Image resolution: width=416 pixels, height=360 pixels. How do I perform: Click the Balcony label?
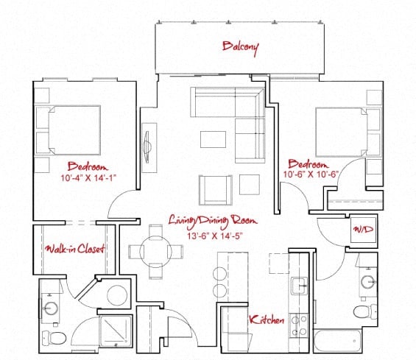(x=240, y=48)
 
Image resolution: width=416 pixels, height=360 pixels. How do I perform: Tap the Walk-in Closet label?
(x=75, y=249)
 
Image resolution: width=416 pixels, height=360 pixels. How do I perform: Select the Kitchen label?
(x=267, y=320)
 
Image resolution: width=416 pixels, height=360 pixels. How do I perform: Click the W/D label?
(x=364, y=229)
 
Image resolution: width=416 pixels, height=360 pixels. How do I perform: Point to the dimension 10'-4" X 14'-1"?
(x=88, y=177)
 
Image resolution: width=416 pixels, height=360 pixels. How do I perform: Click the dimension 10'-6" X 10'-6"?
(x=311, y=174)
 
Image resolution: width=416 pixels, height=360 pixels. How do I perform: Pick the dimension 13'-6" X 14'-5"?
(x=215, y=236)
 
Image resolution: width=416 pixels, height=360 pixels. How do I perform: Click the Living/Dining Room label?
(x=213, y=221)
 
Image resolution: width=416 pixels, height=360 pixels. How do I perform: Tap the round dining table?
(x=156, y=252)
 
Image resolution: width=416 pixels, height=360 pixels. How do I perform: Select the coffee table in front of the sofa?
(x=213, y=139)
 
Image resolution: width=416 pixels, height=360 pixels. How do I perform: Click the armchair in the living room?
(x=216, y=190)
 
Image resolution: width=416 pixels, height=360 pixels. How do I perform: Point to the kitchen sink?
(x=299, y=286)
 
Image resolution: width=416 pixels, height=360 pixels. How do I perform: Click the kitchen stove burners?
(x=299, y=325)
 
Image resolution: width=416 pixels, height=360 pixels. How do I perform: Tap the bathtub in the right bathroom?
(x=337, y=341)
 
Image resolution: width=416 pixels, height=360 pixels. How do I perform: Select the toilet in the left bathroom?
(x=54, y=338)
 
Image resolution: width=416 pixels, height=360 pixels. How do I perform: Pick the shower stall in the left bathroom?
(x=116, y=331)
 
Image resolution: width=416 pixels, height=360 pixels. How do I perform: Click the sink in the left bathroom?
(x=51, y=308)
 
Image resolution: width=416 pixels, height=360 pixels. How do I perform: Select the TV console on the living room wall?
(x=149, y=148)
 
